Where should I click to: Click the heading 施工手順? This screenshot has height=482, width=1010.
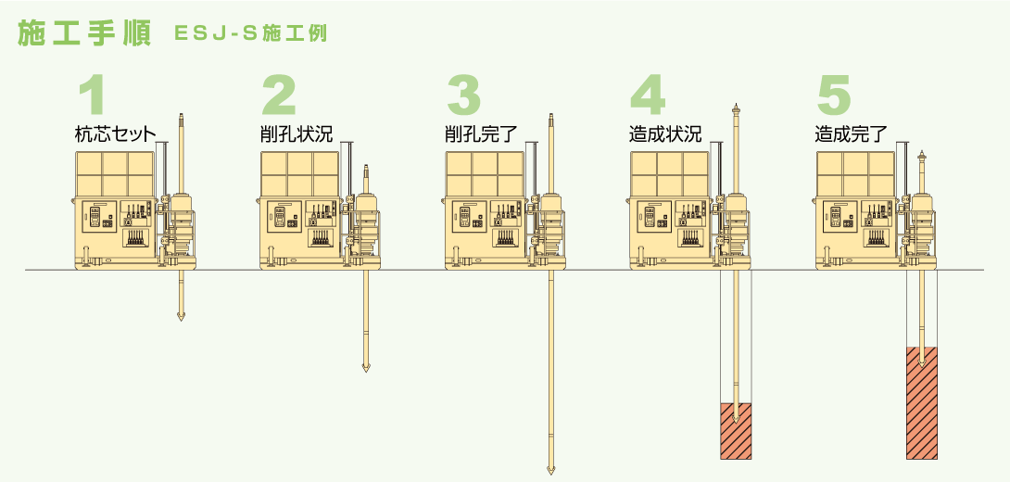(84, 34)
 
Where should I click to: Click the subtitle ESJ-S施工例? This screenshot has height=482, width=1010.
(251, 34)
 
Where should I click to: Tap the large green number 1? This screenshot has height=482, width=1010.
(92, 95)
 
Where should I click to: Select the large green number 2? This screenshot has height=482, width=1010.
(278, 95)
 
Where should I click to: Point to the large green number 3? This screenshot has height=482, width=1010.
(464, 95)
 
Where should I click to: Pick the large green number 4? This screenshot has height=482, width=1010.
(648, 95)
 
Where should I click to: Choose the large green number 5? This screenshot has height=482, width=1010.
(834, 95)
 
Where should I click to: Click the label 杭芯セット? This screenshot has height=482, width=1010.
(115, 134)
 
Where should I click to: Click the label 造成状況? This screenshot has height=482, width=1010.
(664, 134)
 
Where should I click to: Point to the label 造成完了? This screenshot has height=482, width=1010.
(851, 134)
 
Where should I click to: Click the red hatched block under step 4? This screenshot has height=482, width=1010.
(736, 431)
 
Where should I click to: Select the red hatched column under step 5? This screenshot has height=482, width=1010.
(922, 402)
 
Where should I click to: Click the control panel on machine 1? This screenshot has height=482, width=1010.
(99, 216)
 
